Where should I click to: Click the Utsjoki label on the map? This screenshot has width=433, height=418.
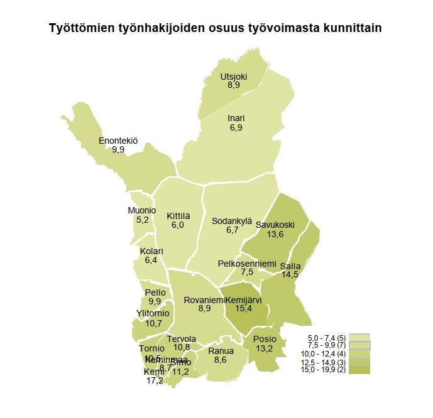[234, 77]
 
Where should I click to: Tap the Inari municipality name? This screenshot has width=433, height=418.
[236, 118]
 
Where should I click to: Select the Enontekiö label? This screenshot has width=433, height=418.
[118, 141]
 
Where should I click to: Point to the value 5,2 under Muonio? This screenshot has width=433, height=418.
[142, 220]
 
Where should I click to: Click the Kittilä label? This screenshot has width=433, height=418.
[178, 216]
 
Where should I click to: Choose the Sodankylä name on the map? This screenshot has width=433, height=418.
[232, 221]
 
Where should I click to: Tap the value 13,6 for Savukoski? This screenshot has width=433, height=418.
[275, 234]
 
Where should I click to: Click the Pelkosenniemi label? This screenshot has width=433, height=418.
[247, 263]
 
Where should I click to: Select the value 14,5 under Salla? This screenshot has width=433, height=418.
[290, 275]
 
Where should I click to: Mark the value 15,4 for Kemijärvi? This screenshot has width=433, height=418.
[243, 308]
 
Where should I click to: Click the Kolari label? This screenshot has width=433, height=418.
[151, 251]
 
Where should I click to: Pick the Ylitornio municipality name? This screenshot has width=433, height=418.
[153, 314]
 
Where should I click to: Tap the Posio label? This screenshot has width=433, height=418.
[265, 340]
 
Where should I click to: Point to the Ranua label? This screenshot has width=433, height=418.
[221, 351]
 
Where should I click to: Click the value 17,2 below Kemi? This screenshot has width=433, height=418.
[154, 380]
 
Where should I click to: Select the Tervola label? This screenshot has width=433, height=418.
[182, 339]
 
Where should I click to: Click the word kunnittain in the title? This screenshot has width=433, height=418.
[348, 29]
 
